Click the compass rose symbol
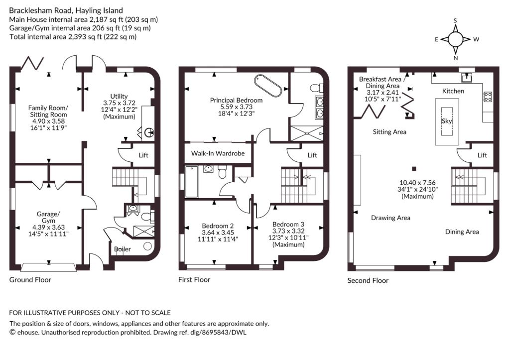pyautogui.click(x=455, y=39)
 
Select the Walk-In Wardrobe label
pyautogui.click(x=218, y=153)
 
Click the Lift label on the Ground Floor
pyautogui.click(x=143, y=155)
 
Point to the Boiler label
pyautogui.click(x=123, y=249)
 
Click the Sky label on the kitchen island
pyautogui.click(x=447, y=121)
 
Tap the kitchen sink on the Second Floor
pyautogui.click(x=467, y=78)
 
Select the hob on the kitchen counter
pyautogui.click(x=487, y=96)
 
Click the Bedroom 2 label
pyautogui.click(x=218, y=226)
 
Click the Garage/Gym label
pyautogui.click(x=48, y=217)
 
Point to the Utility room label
pyautogui.click(x=119, y=96)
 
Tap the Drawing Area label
pyautogui.click(x=390, y=218)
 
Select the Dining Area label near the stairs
pyautogui.click(x=462, y=232)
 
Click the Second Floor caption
pyautogui.click(x=368, y=280)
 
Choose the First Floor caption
pyautogui.click(x=194, y=280)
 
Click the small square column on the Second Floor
pyautogui.click(x=414, y=169)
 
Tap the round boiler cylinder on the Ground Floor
pyautogui.click(x=147, y=246)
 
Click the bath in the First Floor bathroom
pyautogui.click(x=192, y=182)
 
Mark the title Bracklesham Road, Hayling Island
pyautogui.click(x=66, y=11)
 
